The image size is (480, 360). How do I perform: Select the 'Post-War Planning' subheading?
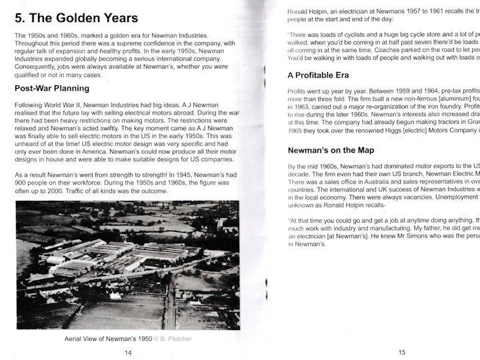pyautogui.click(x=57, y=88)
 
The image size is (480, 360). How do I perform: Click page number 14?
pyautogui.click(x=128, y=353)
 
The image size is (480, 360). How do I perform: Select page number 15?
pyautogui.click(x=402, y=353)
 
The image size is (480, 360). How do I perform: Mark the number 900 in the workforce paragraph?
pyautogui.click(x=21, y=183)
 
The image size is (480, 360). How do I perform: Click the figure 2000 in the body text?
pyautogui.click(x=51, y=191)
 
